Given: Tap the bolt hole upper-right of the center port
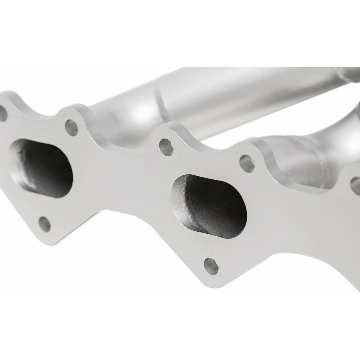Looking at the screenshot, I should click(245, 160).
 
